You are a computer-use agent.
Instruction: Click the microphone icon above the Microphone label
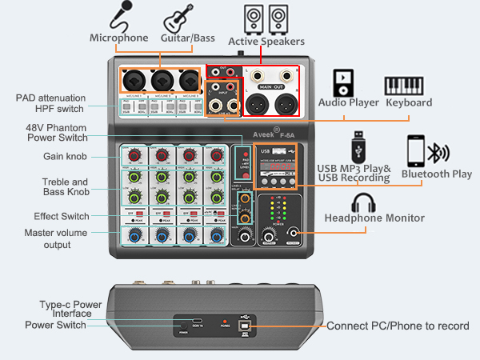pos(121,15)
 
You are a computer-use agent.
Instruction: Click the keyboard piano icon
pos(408,86)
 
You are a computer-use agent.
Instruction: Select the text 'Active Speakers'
pos(266,41)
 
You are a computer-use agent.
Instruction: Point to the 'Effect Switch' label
pos(61,216)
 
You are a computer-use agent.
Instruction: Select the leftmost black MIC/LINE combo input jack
pos(132,80)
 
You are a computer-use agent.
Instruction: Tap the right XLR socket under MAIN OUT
pos(285,104)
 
